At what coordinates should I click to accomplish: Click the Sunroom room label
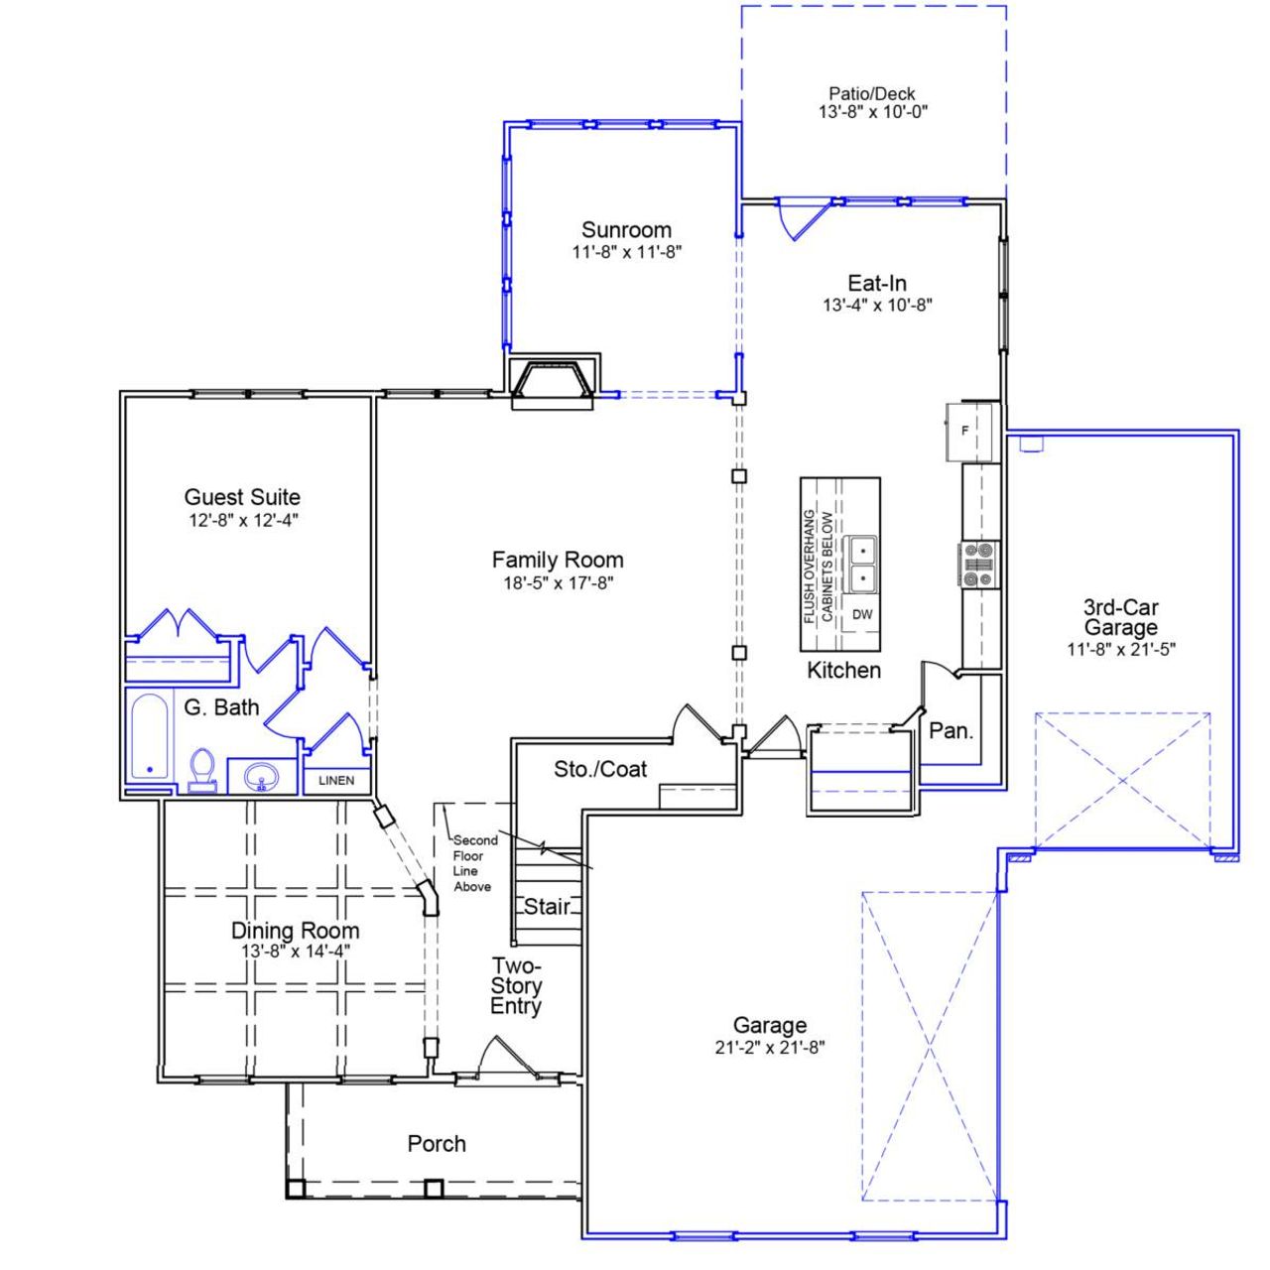pos(626,230)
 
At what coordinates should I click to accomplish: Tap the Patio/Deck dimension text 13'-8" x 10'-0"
pos(873,112)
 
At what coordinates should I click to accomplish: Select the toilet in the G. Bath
pos(202,769)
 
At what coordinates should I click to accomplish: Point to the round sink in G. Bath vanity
pos(262,777)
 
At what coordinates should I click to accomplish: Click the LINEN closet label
pos(336,781)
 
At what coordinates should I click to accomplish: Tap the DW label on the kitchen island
pos(862,615)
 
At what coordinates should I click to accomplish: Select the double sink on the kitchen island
pos(862,563)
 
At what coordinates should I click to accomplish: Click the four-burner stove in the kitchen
pos(977,564)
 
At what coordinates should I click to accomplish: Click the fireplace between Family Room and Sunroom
pos(553,383)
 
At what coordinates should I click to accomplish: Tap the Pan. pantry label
pos(951,731)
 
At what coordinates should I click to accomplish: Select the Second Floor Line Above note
pos(474,863)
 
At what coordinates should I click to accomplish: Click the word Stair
pos(547,906)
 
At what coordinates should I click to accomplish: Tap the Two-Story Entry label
pos(516,986)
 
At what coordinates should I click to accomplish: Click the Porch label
pos(437,1144)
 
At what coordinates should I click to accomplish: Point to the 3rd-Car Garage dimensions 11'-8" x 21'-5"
pos(1120,650)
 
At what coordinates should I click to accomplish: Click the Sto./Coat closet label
pos(600,769)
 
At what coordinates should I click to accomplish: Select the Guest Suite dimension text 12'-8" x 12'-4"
pos(242,521)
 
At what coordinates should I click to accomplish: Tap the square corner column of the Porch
pos(294,1188)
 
